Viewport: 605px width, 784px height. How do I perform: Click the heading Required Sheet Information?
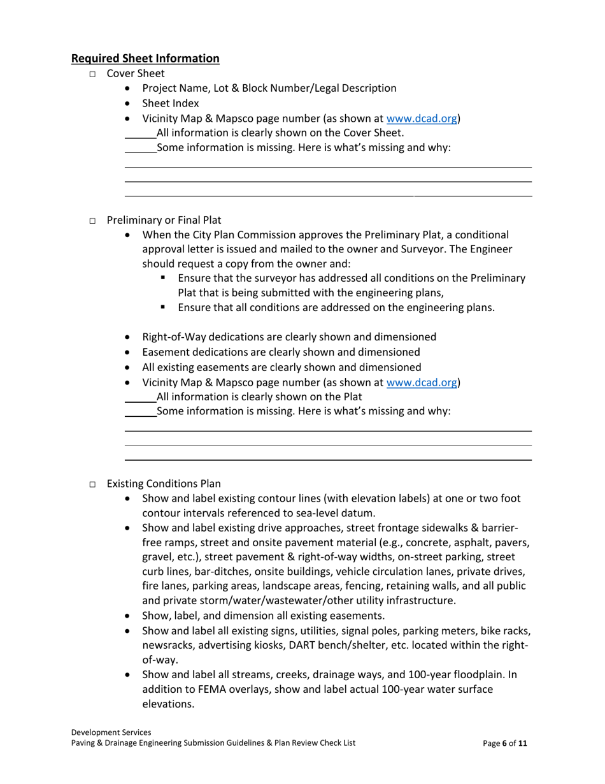tap(145, 59)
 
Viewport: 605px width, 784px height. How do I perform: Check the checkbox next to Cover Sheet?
tap(92, 74)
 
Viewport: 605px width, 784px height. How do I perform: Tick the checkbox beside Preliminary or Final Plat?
tap(92, 221)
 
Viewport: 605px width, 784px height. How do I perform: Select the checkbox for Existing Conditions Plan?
tap(92, 484)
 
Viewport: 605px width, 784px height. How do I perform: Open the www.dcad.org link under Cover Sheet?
tap(422, 119)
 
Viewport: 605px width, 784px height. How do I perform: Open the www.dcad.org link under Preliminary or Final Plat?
tap(422, 382)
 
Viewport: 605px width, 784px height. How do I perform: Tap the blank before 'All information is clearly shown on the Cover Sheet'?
tap(140, 134)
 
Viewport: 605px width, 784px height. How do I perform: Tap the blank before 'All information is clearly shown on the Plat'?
tap(140, 398)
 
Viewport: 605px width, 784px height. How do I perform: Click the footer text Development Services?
tap(111, 733)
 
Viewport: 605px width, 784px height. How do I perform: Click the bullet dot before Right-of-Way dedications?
tap(129, 337)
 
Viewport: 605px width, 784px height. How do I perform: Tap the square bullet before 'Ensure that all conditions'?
tap(164, 307)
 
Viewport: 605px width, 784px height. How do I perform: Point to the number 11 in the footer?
tap(522, 743)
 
